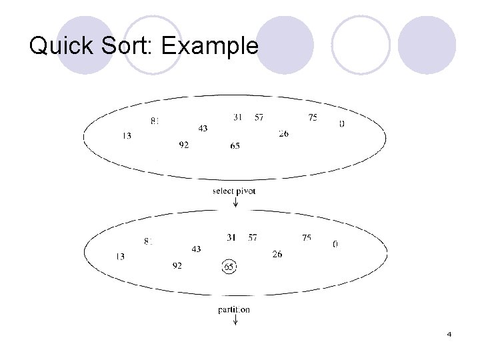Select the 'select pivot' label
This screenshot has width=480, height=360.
(233, 191)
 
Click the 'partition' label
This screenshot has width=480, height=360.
(234, 309)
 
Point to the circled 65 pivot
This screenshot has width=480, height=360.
(229, 267)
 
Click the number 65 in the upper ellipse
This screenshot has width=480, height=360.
(235, 146)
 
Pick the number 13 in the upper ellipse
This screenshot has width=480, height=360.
(127, 136)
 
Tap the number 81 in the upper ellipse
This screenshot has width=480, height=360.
(155, 121)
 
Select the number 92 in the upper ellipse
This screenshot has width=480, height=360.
(183, 145)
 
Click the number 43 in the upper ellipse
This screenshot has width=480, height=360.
(203, 128)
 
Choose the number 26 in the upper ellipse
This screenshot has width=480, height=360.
(283, 134)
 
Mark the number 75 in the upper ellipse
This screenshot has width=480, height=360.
(313, 117)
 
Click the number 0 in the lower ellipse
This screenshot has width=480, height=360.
(335, 245)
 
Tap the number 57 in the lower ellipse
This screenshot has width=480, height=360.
(252, 237)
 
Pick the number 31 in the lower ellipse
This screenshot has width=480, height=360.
(231, 237)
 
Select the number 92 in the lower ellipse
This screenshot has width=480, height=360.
(177, 265)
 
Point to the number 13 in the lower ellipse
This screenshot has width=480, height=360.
(120, 257)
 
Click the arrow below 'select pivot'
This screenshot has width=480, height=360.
(235, 201)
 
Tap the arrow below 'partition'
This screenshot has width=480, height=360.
(235, 321)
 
